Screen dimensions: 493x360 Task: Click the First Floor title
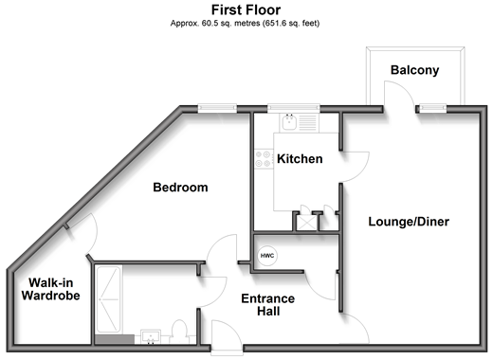(246, 10)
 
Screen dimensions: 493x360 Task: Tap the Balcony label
(414, 70)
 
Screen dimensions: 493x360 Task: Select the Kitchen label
(300, 159)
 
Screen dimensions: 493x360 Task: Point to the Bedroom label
(180, 188)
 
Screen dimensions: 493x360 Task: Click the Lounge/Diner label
(409, 222)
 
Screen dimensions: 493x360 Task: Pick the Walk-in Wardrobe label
(51, 289)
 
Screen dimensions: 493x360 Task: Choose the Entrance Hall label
(268, 305)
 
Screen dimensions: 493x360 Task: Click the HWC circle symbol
(267, 256)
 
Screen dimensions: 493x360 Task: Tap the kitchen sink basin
(289, 122)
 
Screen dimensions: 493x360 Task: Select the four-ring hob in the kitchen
(264, 159)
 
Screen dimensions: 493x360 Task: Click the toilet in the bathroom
(179, 332)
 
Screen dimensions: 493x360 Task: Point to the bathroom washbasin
(151, 336)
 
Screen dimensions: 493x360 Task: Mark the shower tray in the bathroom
(108, 299)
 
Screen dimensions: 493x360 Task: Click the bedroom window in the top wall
(217, 108)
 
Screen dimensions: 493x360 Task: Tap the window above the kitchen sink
(294, 108)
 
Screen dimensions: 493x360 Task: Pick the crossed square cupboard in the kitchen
(306, 223)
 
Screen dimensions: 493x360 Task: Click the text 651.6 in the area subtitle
(275, 24)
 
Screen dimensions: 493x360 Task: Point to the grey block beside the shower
(115, 339)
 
